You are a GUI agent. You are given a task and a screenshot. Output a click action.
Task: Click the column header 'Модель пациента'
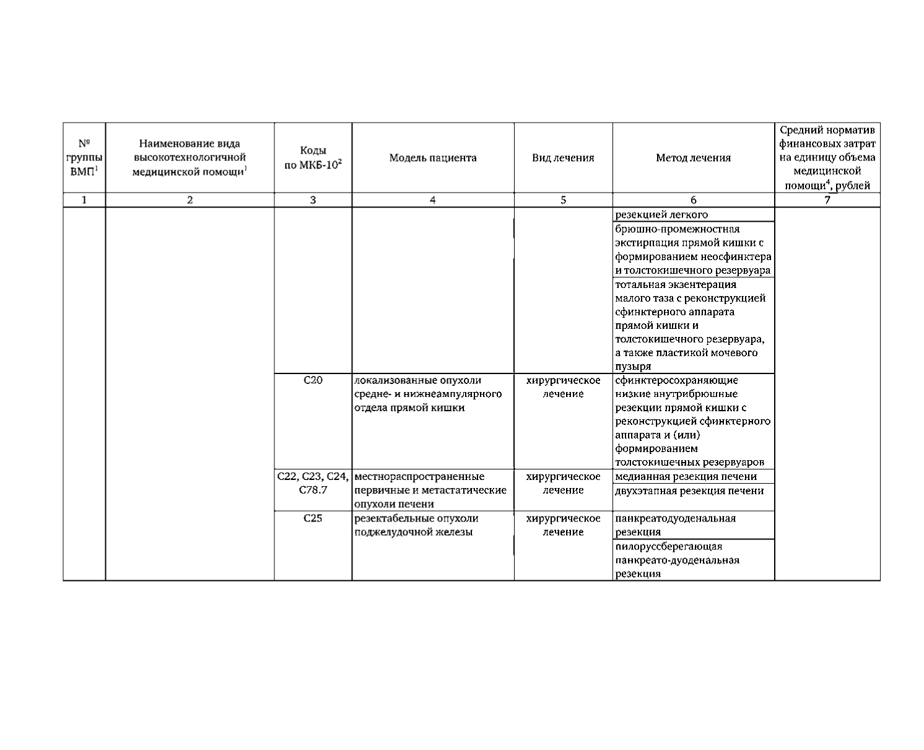433,158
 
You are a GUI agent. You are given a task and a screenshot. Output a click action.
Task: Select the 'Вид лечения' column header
563,158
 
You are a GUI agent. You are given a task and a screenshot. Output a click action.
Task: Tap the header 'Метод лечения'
693,158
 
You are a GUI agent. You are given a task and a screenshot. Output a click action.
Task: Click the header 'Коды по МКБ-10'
313,158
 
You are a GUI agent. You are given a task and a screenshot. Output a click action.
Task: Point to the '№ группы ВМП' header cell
84,158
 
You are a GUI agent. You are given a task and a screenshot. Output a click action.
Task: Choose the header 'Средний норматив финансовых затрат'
827,158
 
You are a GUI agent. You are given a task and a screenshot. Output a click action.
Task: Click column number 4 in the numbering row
433,200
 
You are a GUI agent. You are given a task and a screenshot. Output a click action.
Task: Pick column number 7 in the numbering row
827,200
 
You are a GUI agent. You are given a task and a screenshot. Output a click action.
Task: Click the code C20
313,380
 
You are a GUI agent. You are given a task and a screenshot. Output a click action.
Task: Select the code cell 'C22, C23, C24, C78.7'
313,483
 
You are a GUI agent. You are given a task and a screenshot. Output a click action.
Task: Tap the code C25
313,518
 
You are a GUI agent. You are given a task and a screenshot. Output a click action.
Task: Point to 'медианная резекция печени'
686,476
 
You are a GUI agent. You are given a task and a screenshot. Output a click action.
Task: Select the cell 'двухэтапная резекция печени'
689,491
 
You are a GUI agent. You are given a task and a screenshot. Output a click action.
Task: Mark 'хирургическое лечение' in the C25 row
563,525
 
